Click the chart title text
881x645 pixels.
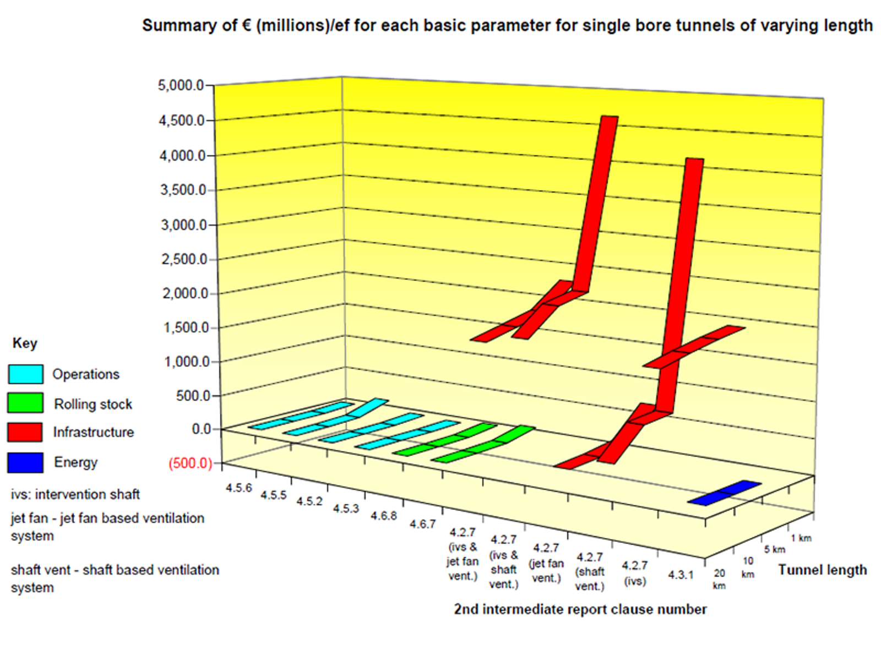coord(507,26)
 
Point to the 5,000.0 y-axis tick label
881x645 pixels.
coord(181,85)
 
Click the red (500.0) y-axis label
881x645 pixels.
coord(190,463)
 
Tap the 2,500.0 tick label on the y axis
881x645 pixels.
coord(184,259)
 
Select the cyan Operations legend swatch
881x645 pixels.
coord(25,374)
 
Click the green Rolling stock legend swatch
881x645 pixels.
coord(25,403)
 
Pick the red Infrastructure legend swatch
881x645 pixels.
coord(25,432)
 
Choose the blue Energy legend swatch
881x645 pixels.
coord(25,462)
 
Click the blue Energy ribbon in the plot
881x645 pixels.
coord(725,493)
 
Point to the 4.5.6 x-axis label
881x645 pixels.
coord(238,488)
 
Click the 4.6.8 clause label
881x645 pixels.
coord(384,516)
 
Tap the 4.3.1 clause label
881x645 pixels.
coord(681,575)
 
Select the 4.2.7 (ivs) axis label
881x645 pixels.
coord(634,573)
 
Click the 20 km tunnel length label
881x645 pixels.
coord(719,579)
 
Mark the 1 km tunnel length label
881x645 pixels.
coord(801,538)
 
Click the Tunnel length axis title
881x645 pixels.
coord(822,570)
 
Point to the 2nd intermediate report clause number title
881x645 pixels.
coord(580,609)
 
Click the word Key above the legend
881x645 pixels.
coord(25,343)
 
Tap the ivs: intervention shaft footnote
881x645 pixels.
coord(75,494)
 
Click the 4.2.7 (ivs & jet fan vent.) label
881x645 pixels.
coord(462,554)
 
